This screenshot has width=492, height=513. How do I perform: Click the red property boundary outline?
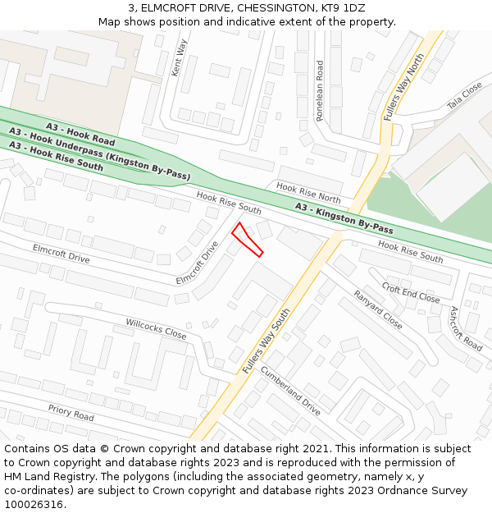246,239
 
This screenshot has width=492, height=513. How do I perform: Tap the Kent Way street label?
180,57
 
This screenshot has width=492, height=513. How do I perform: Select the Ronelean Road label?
320,90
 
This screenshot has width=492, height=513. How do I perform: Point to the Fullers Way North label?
405,88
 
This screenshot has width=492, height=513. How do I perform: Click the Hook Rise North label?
308,193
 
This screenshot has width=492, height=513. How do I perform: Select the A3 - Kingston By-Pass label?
344,218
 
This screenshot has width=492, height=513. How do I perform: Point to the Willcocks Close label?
156,329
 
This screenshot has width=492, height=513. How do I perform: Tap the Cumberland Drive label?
289,390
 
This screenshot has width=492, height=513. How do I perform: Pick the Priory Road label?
71,412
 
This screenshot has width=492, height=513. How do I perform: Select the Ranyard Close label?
377,309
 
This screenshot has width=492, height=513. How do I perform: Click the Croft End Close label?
411,293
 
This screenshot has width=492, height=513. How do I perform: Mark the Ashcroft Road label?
466,328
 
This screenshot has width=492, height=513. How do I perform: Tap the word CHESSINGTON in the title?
268,8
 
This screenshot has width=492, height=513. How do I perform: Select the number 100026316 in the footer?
33,504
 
